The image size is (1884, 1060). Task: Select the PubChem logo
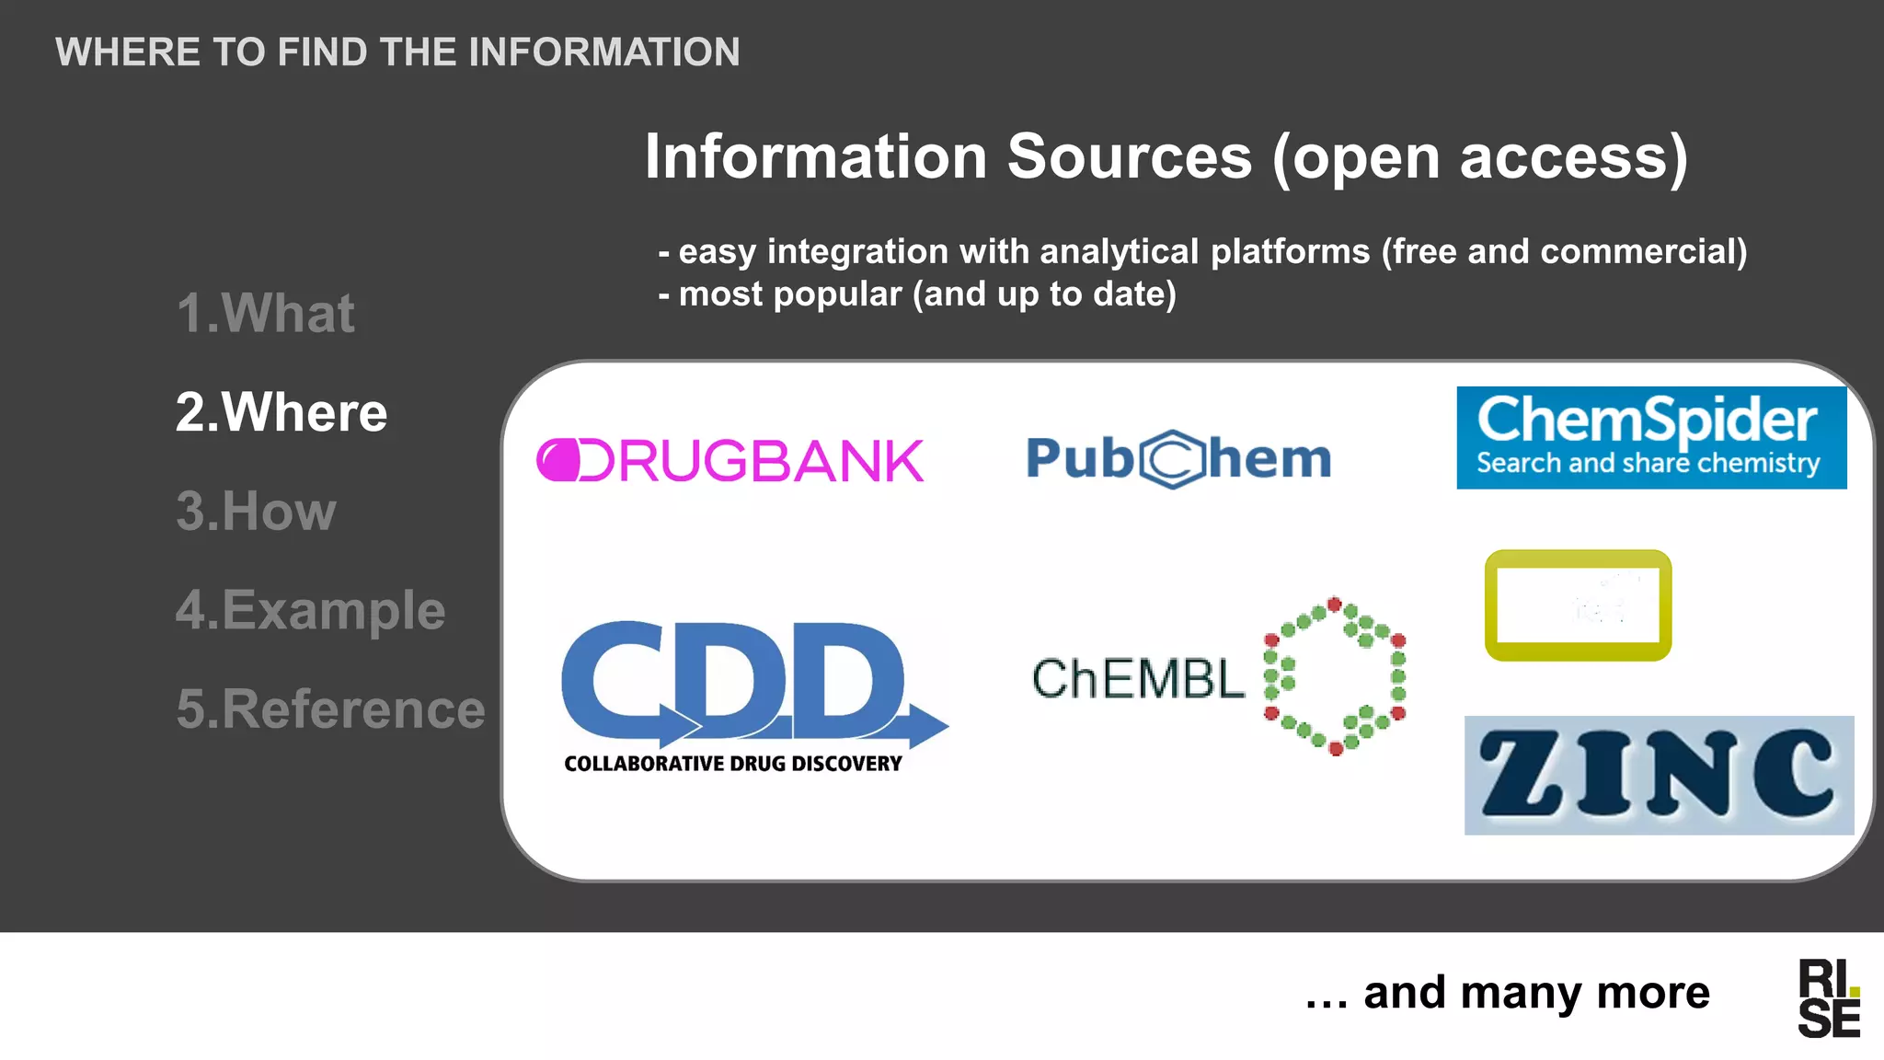point(1178,458)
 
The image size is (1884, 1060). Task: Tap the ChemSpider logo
point(1650,437)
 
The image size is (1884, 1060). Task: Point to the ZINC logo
point(1658,775)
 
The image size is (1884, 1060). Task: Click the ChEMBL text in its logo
point(1138,679)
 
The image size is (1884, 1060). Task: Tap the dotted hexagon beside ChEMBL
point(1335,675)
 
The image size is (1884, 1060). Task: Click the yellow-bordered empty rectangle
point(1578,605)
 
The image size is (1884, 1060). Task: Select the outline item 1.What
point(265,313)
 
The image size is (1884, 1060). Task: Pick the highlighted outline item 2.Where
point(281,411)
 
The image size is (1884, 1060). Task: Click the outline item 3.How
point(256,511)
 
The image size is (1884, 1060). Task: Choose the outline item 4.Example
point(310,609)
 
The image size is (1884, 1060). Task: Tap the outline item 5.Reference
point(330,709)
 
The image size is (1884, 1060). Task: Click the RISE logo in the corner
point(1829,998)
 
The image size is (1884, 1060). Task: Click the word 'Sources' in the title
point(1129,156)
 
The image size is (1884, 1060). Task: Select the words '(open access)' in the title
point(1480,156)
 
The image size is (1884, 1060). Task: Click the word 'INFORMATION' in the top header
point(603,52)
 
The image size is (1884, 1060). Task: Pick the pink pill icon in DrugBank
point(558,460)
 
